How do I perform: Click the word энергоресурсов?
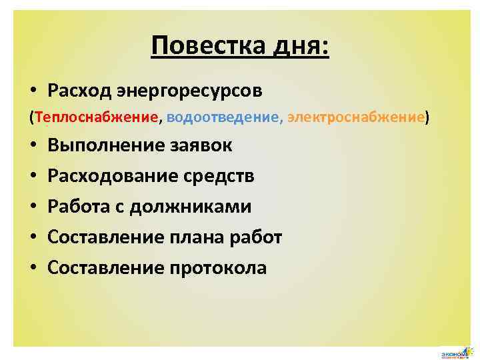point(191,89)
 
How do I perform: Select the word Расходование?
point(111,176)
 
